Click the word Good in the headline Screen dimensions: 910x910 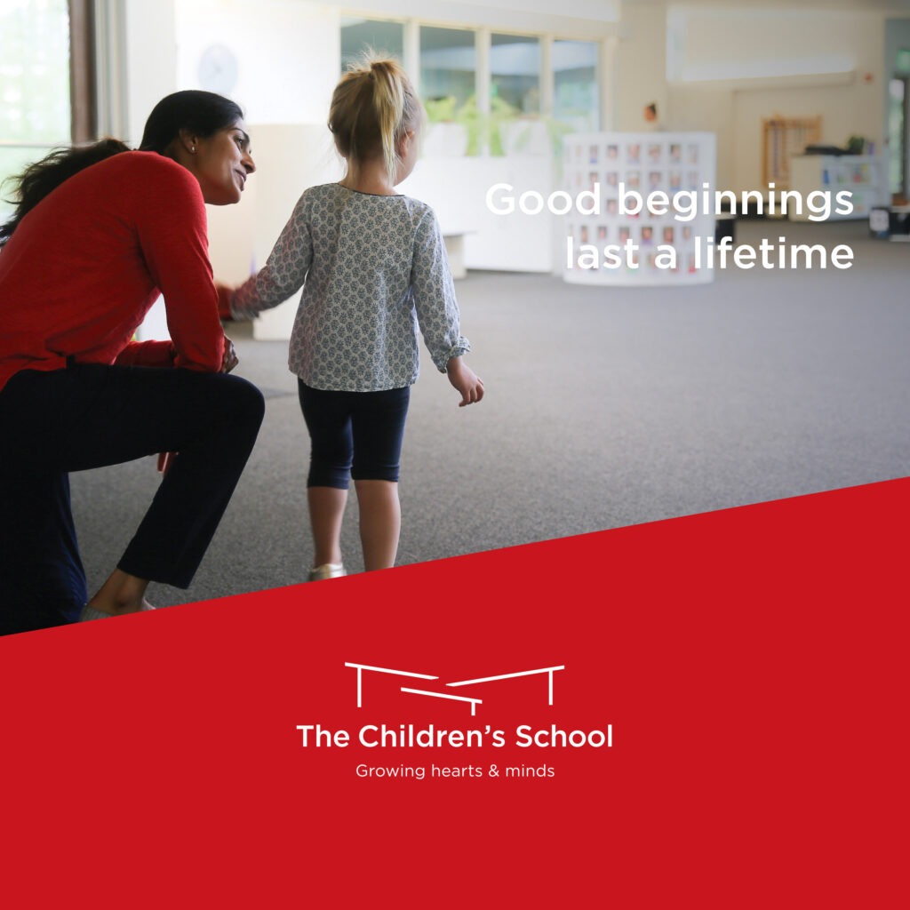[543, 199]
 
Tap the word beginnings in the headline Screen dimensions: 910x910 [735, 202]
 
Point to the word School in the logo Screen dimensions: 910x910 [563, 736]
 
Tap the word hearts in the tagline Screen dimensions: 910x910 [457, 770]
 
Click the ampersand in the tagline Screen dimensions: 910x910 [494, 770]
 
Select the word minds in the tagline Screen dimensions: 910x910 [530, 770]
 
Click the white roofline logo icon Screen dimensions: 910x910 [454, 688]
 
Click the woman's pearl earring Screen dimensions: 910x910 [193, 149]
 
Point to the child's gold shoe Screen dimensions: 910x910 [327, 571]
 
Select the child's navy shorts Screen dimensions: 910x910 [354, 434]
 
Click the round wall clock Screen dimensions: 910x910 [218, 70]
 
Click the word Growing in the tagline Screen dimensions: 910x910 [391, 771]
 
